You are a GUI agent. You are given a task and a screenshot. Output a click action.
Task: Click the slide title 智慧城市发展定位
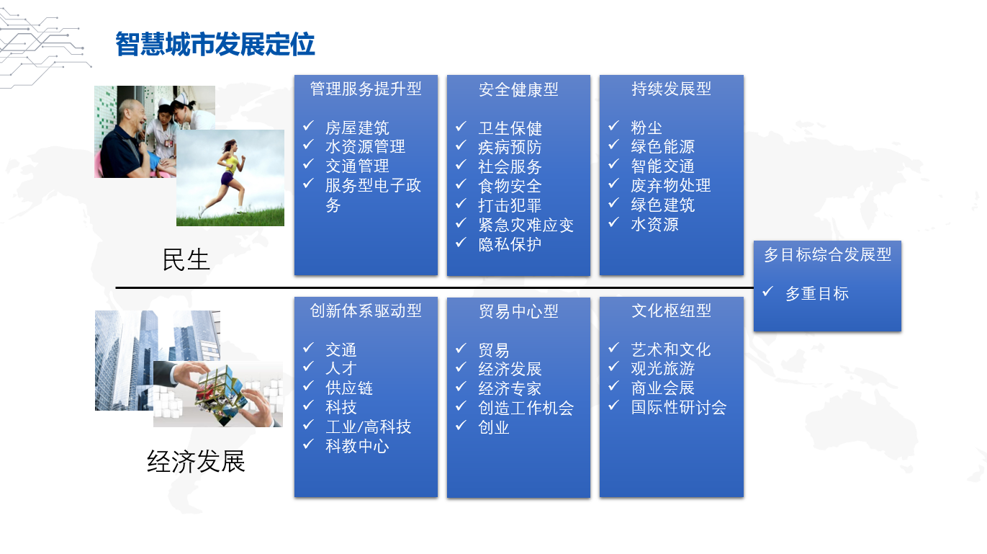[215, 44]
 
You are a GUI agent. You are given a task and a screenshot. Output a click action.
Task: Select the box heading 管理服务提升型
[366, 89]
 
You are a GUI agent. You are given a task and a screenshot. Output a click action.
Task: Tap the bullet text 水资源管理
[365, 146]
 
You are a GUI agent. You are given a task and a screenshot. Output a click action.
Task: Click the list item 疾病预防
[510, 147]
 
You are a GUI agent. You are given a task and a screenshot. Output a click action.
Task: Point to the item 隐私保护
[510, 244]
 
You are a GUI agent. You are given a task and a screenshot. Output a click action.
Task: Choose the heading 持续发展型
[671, 89]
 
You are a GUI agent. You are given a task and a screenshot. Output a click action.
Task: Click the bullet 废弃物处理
[671, 185]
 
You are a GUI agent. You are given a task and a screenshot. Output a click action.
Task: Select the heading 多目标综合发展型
[827, 254]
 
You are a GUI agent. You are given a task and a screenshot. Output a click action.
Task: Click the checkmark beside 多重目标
[768, 292]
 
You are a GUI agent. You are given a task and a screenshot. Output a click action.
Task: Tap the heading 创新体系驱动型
[366, 311]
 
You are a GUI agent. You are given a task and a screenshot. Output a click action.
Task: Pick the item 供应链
[349, 388]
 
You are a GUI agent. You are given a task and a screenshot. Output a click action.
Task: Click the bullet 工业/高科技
[369, 427]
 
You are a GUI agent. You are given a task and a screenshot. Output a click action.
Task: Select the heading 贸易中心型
[518, 311]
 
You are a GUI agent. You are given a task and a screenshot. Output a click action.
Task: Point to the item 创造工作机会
[526, 408]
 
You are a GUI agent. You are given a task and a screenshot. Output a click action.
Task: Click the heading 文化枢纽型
[671, 311]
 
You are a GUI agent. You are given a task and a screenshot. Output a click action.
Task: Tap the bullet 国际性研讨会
[679, 408]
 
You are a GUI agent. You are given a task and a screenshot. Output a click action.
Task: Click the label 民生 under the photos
[186, 259]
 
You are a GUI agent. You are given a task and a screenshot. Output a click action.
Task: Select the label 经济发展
[196, 462]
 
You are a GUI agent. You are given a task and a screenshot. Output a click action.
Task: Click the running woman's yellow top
[231, 164]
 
